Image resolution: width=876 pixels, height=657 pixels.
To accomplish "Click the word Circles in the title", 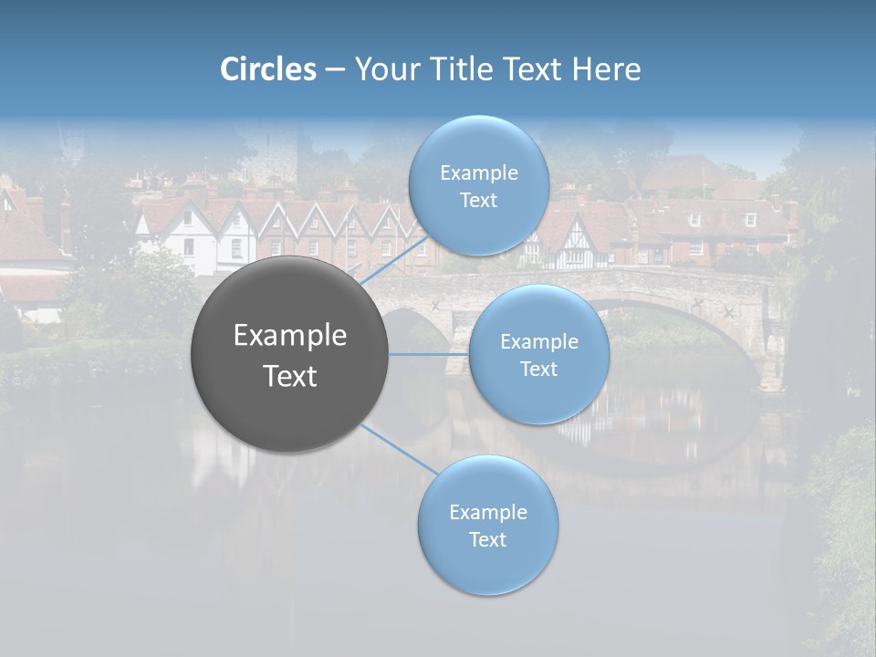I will [268, 69].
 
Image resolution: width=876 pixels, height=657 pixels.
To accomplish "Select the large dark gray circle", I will [290, 354].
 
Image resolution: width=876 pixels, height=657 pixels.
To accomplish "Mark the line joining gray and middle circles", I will [429, 354].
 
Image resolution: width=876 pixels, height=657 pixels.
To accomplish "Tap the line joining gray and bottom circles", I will [400, 448].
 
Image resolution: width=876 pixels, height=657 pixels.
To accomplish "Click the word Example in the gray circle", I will [290, 336].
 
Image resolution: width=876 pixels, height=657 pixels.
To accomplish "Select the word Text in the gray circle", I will [290, 376].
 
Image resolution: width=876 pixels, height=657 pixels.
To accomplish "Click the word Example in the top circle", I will [478, 172].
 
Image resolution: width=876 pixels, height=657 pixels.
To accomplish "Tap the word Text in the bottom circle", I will [487, 539].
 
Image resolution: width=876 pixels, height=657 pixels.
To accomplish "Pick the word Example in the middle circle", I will [538, 341].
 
